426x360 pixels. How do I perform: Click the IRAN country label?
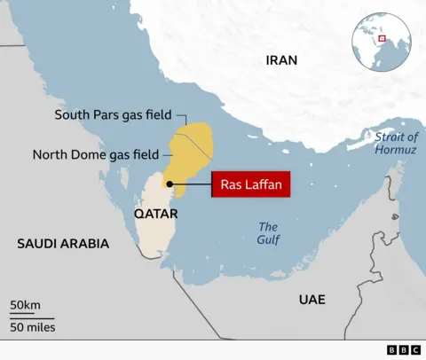(x=281, y=60)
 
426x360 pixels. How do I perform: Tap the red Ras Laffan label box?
(x=250, y=186)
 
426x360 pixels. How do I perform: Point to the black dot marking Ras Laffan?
(x=168, y=185)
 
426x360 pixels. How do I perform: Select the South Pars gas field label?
(x=112, y=115)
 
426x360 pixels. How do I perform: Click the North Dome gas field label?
(x=95, y=154)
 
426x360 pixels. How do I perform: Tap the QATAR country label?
(x=155, y=215)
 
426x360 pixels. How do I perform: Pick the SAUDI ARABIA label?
(x=63, y=243)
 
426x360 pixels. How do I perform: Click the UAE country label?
(x=312, y=300)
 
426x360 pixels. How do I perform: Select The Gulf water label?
(x=267, y=233)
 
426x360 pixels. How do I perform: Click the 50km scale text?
(x=25, y=306)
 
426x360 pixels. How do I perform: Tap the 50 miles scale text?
(x=33, y=327)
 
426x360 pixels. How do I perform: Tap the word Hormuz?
(x=395, y=151)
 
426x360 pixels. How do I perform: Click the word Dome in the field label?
(x=88, y=154)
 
